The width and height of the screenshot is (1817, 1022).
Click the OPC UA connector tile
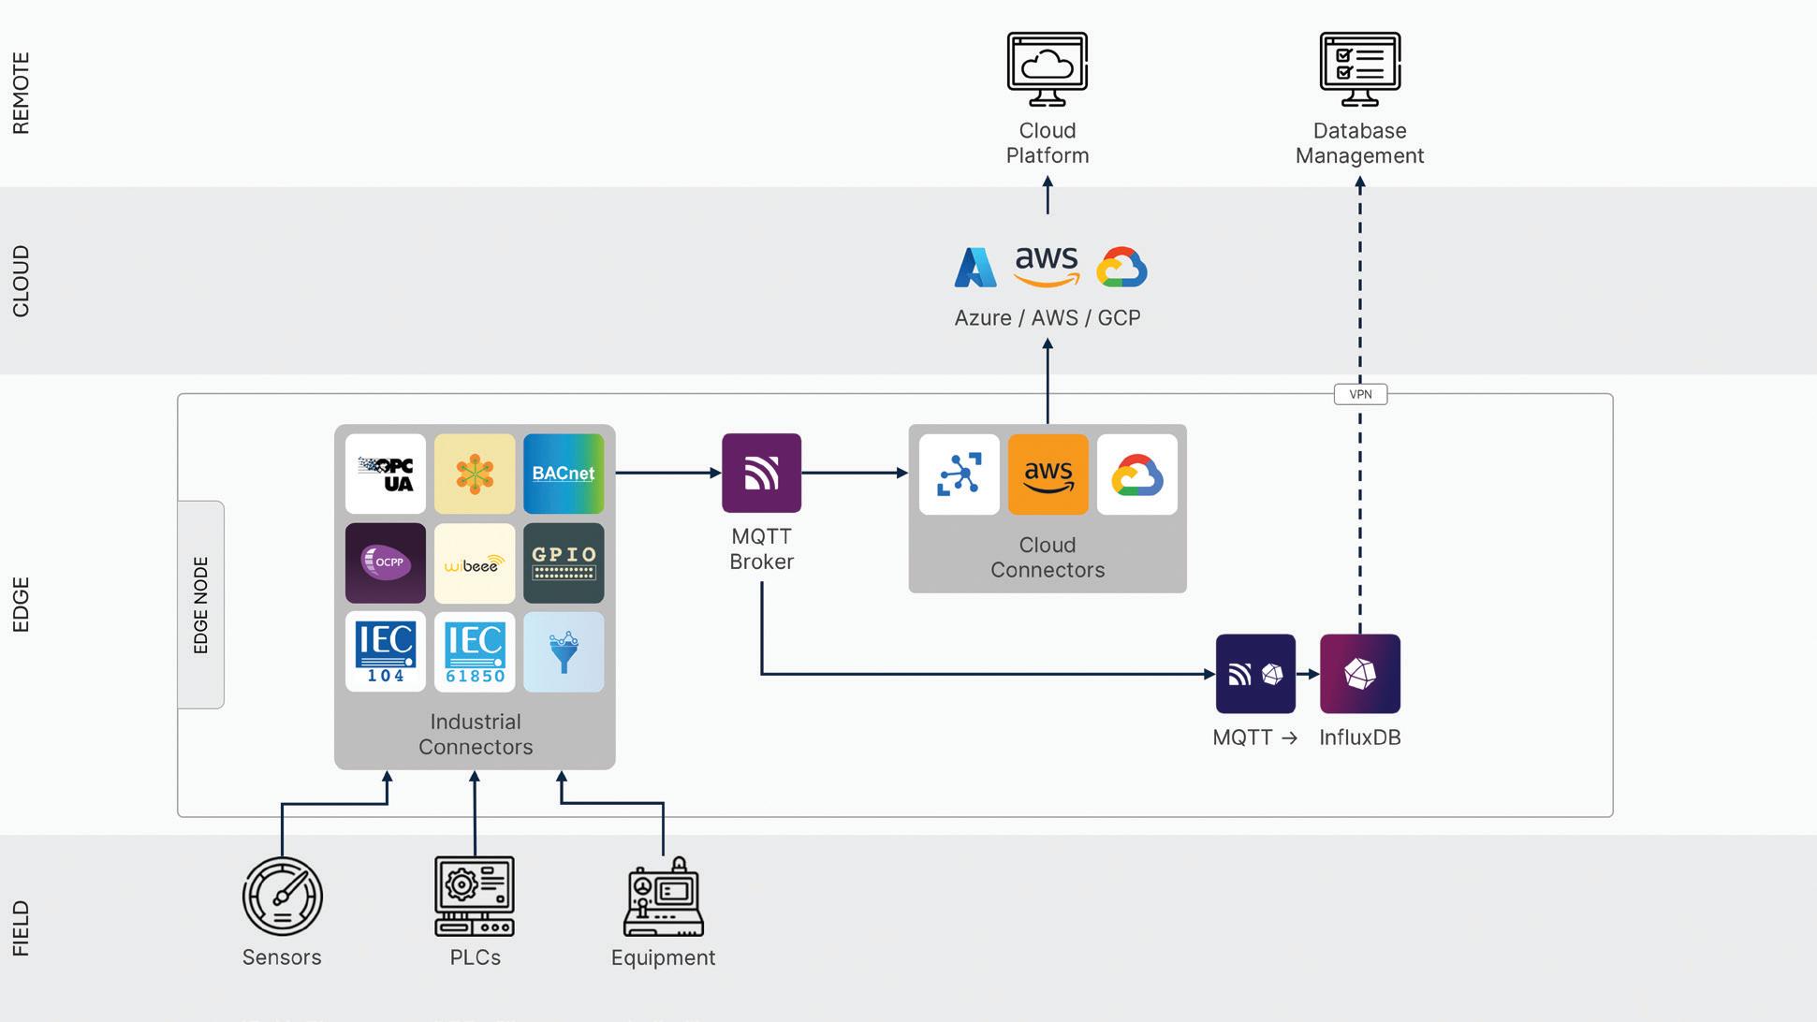click(385, 474)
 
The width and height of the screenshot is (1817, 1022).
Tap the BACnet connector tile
click(564, 474)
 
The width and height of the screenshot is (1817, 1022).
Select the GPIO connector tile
click(564, 562)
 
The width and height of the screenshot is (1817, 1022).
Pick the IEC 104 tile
click(385, 651)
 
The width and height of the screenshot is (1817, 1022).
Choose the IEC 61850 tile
click(475, 651)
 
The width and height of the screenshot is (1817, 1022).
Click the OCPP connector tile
click(385, 562)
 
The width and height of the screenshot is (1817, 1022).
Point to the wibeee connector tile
click(475, 562)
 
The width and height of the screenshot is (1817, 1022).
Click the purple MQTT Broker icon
click(761, 473)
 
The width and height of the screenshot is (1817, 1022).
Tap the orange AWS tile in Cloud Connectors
click(1048, 474)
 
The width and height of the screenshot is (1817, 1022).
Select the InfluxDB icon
click(1359, 674)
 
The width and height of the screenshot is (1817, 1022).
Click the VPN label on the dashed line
click(1360, 394)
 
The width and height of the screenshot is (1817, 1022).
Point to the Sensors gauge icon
click(282, 896)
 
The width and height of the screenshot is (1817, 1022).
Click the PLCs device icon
click(475, 896)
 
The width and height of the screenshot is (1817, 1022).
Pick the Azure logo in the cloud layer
click(974, 268)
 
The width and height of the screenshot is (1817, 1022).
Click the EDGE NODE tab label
click(200, 605)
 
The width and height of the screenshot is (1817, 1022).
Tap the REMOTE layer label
click(21, 93)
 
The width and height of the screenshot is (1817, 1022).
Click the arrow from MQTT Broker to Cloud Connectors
click(854, 473)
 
